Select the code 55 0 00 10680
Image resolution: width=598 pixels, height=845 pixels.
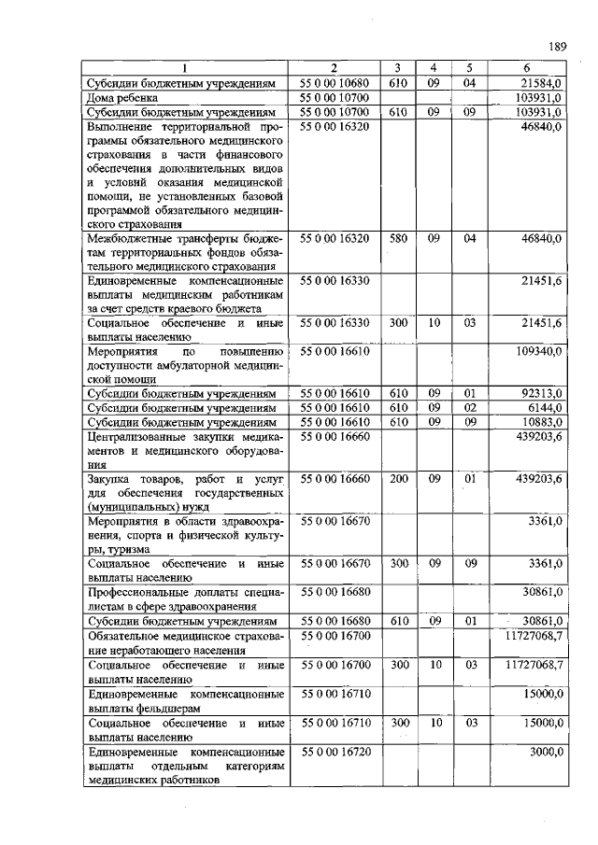click(335, 83)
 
